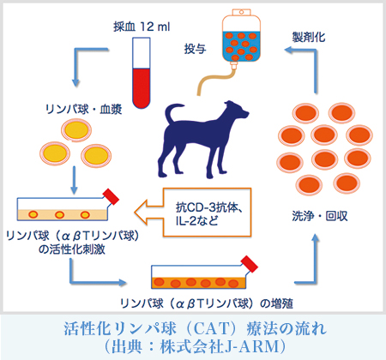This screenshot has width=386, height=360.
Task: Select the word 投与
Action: [x=196, y=51]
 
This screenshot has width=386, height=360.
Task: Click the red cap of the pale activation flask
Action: [x=109, y=195]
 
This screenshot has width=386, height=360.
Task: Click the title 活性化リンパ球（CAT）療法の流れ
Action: [x=194, y=328]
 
